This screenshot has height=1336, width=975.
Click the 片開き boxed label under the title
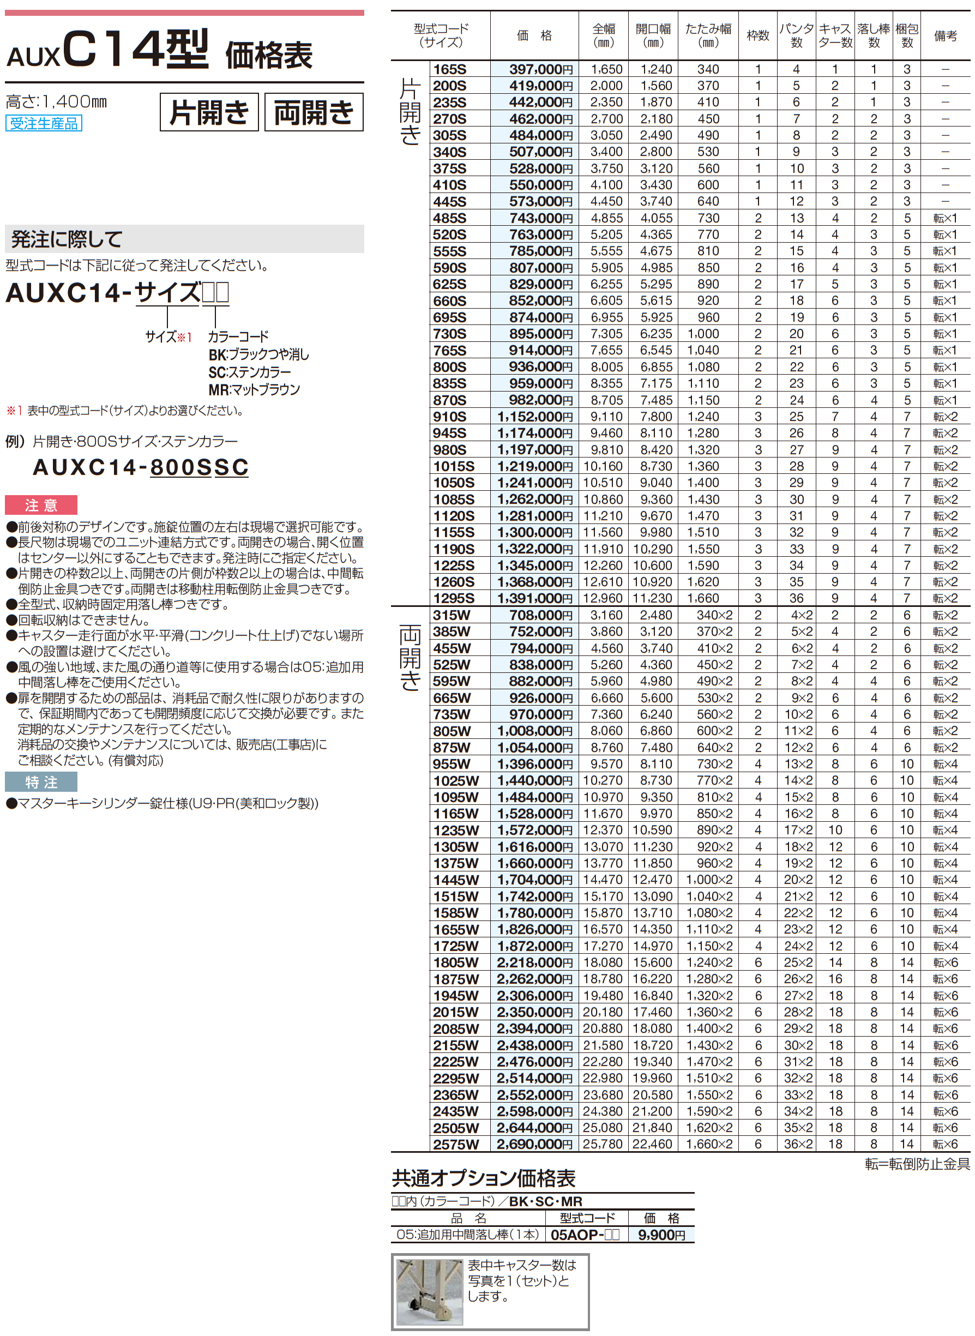[x=209, y=112]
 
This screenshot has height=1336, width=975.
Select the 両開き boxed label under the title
[x=314, y=112]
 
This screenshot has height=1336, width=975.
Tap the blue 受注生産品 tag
[x=44, y=123]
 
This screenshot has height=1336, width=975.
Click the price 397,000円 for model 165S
[x=540, y=69]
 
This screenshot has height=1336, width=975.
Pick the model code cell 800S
[x=450, y=366]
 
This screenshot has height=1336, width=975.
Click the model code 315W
[x=452, y=615]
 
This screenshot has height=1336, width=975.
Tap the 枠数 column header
[x=758, y=35]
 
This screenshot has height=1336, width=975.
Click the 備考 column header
[x=945, y=35]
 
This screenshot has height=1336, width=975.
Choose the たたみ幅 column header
[x=708, y=35]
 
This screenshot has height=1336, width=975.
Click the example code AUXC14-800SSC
[x=141, y=467]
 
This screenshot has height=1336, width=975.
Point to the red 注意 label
[x=41, y=505]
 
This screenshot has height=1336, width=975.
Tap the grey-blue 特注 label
[x=41, y=782]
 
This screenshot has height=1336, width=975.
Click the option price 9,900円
[x=661, y=1235]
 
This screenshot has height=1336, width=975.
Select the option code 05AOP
[x=585, y=1235]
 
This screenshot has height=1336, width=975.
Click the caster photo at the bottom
[x=430, y=1292]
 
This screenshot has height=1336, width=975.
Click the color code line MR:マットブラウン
[x=254, y=389]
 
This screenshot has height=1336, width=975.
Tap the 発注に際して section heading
[x=66, y=239]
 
